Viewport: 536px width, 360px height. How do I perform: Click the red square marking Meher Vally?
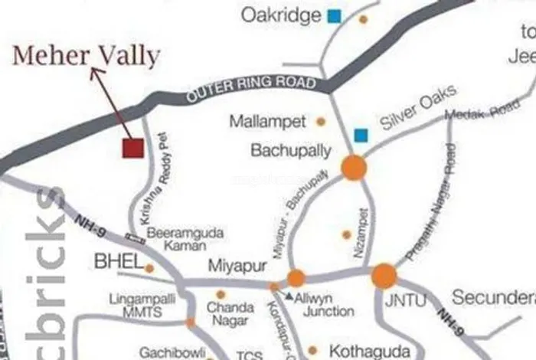[133, 148]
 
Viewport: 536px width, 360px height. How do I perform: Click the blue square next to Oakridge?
[334, 15]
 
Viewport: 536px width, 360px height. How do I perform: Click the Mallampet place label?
[268, 121]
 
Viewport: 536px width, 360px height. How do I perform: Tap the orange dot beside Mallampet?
[321, 121]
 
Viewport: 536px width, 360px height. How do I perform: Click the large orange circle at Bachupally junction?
[354, 167]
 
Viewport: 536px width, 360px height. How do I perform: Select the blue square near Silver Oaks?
[361, 136]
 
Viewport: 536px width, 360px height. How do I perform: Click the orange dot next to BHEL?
[150, 268]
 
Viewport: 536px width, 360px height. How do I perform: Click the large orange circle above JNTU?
[384, 276]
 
